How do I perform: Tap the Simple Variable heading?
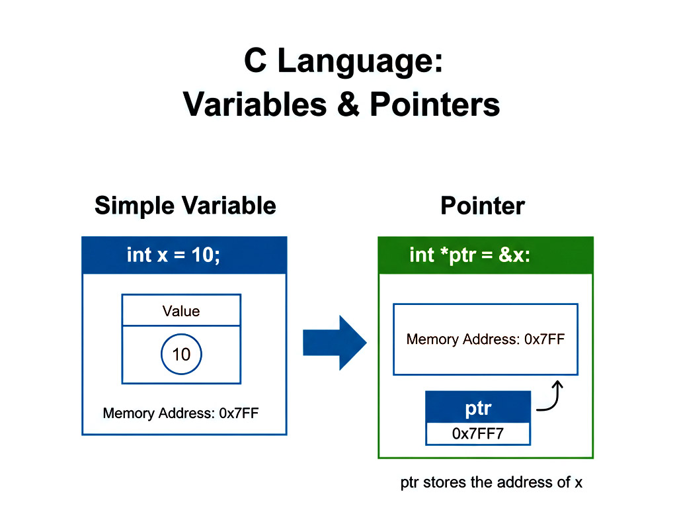pos(185,206)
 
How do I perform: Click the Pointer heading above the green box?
pos(483,206)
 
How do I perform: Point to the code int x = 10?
pos(173,255)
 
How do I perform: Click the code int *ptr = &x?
pos(469,255)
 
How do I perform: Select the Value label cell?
pos(181,310)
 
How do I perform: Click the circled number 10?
pos(181,355)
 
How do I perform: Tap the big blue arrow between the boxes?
pos(335,343)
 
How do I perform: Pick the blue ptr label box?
pos(478,408)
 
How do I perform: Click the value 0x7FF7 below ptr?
pos(478,434)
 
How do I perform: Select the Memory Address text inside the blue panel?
pos(180,414)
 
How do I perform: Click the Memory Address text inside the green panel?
pos(485,339)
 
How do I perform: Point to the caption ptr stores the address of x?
pos(491,482)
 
